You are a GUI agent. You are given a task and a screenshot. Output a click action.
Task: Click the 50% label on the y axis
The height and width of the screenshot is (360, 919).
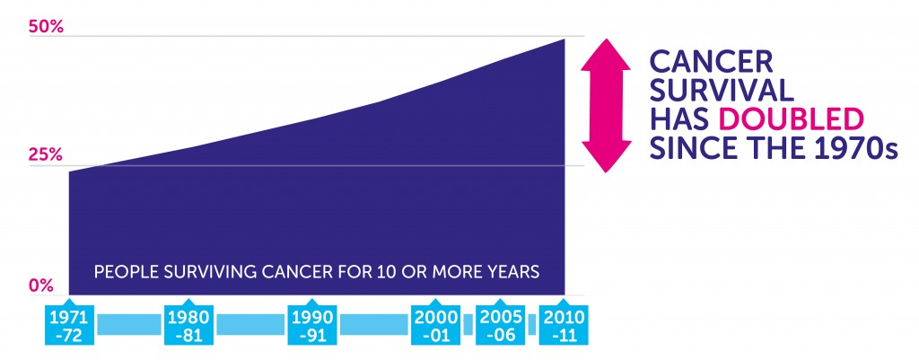46,27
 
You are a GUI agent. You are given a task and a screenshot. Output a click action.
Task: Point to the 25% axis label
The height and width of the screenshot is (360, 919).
45,156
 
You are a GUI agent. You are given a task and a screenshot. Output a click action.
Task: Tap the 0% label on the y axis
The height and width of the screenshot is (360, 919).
41,285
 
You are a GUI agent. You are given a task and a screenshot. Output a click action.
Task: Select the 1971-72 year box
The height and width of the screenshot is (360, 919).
69,324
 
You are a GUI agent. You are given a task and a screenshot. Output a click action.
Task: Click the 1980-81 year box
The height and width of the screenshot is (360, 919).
188,324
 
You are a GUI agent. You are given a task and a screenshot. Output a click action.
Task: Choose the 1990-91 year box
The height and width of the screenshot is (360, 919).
312,324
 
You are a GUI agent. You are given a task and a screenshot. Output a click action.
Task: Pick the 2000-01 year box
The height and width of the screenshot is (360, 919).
435,324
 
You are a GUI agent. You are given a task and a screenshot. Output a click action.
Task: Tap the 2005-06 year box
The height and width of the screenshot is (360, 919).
498,324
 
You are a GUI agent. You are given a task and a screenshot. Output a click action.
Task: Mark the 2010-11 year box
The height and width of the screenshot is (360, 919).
564,324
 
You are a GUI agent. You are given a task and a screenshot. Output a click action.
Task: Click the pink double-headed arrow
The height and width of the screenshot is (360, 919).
606,106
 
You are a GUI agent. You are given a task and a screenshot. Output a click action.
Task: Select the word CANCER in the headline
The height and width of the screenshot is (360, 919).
712,62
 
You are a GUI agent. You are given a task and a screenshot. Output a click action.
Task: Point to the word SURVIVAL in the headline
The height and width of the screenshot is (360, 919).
722,91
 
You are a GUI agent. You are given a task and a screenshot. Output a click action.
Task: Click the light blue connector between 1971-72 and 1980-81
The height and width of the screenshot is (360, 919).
129,324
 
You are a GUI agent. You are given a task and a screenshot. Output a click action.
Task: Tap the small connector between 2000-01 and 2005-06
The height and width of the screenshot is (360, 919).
467,324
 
